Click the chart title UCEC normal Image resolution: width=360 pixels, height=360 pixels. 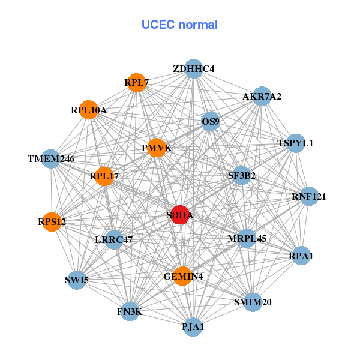pyautogui.click(x=179, y=25)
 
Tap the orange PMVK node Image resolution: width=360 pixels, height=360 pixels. pyautogui.click(x=157, y=148)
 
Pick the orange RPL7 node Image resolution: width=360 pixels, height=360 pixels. pyautogui.click(x=137, y=82)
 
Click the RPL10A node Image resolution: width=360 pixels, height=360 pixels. pyautogui.click(x=89, y=110)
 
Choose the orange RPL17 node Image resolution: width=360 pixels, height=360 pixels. pyautogui.click(x=104, y=176)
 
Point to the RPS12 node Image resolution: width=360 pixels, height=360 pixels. pyautogui.click(x=52, y=222)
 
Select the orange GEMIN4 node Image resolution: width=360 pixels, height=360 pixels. pyautogui.click(x=182, y=276)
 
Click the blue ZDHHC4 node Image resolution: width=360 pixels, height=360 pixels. pyautogui.click(x=193, y=69)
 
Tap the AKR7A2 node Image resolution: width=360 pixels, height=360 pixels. pyautogui.click(x=262, y=97)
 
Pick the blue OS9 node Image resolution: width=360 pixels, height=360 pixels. pyautogui.click(x=211, y=122)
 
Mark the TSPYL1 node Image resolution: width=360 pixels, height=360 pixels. pyautogui.click(x=295, y=143)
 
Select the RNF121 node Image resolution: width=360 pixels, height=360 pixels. pyautogui.click(x=308, y=196)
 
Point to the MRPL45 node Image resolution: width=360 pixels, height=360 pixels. pyautogui.click(x=247, y=238)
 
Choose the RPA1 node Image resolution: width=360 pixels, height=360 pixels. pyautogui.click(x=301, y=256)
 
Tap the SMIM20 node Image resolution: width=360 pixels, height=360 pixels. pyautogui.click(x=252, y=302)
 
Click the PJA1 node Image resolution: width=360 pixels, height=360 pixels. pyautogui.click(x=193, y=327)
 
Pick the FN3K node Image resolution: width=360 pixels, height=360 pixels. pyautogui.click(x=130, y=311)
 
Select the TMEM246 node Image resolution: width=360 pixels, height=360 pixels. pyautogui.click(x=51, y=159)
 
